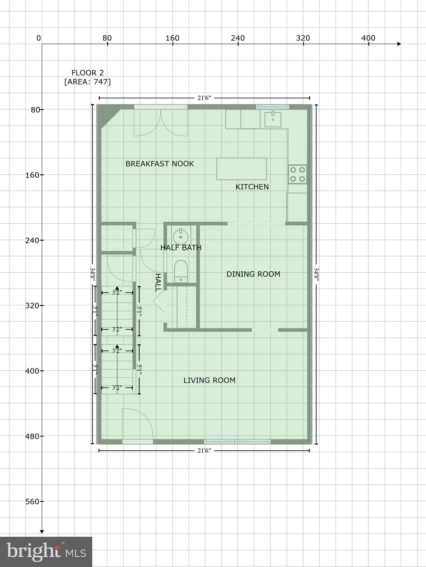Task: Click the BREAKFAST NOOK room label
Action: pyautogui.click(x=159, y=164)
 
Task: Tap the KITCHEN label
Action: pyautogui.click(x=252, y=187)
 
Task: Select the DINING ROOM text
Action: pyautogui.click(x=253, y=274)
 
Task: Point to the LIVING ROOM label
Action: pyautogui.click(x=209, y=380)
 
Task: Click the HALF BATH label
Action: pyautogui.click(x=181, y=248)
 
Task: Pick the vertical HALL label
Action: pyautogui.click(x=158, y=283)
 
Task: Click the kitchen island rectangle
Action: pyautogui.click(x=241, y=169)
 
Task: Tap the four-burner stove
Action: pyautogui.click(x=298, y=174)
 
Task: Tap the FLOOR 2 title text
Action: pyautogui.click(x=87, y=73)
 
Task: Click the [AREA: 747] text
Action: pyautogui.click(x=87, y=82)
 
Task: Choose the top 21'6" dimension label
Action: pyautogui.click(x=204, y=98)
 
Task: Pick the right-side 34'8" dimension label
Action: pyautogui.click(x=316, y=274)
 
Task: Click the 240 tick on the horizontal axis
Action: pyautogui.click(x=238, y=38)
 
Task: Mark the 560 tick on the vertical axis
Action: pyautogui.click(x=32, y=501)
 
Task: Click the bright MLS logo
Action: pyautogui.click(x=46, y=551)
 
